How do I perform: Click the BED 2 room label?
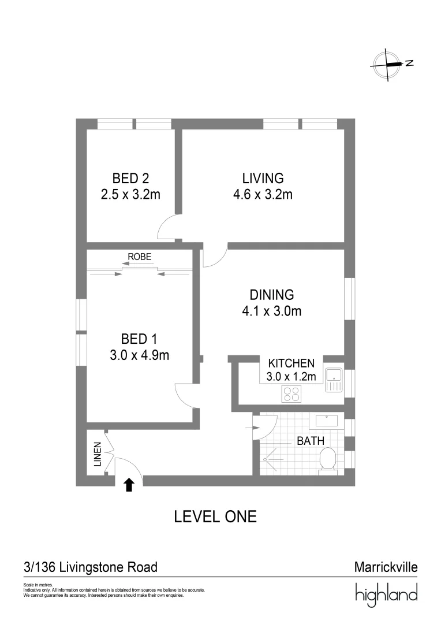click(x=130, y=178)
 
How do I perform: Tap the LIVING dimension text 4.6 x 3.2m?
click(x=263, y=194)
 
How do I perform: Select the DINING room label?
click(x=272, y=295)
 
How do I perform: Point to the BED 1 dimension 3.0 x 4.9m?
click(x=139, y=355)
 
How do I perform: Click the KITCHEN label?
click(x=291, y=363)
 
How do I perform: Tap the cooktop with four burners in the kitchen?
click(x=291, y=394)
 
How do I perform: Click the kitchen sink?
click(x=333, y=380)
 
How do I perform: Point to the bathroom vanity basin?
click(x=326, y=421)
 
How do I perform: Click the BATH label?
click(x=311, y=441)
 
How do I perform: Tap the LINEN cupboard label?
click(x=98, y=455)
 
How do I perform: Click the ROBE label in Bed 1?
click(x=140, y=257)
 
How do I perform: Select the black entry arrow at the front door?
click(x=129, y=485)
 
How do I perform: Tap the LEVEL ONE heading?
click(x=215, y=517)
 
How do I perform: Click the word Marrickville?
click(x=386, y=567)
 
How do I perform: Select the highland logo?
click(x=386, y=594)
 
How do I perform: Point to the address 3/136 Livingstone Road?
click(x=91, y=567)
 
